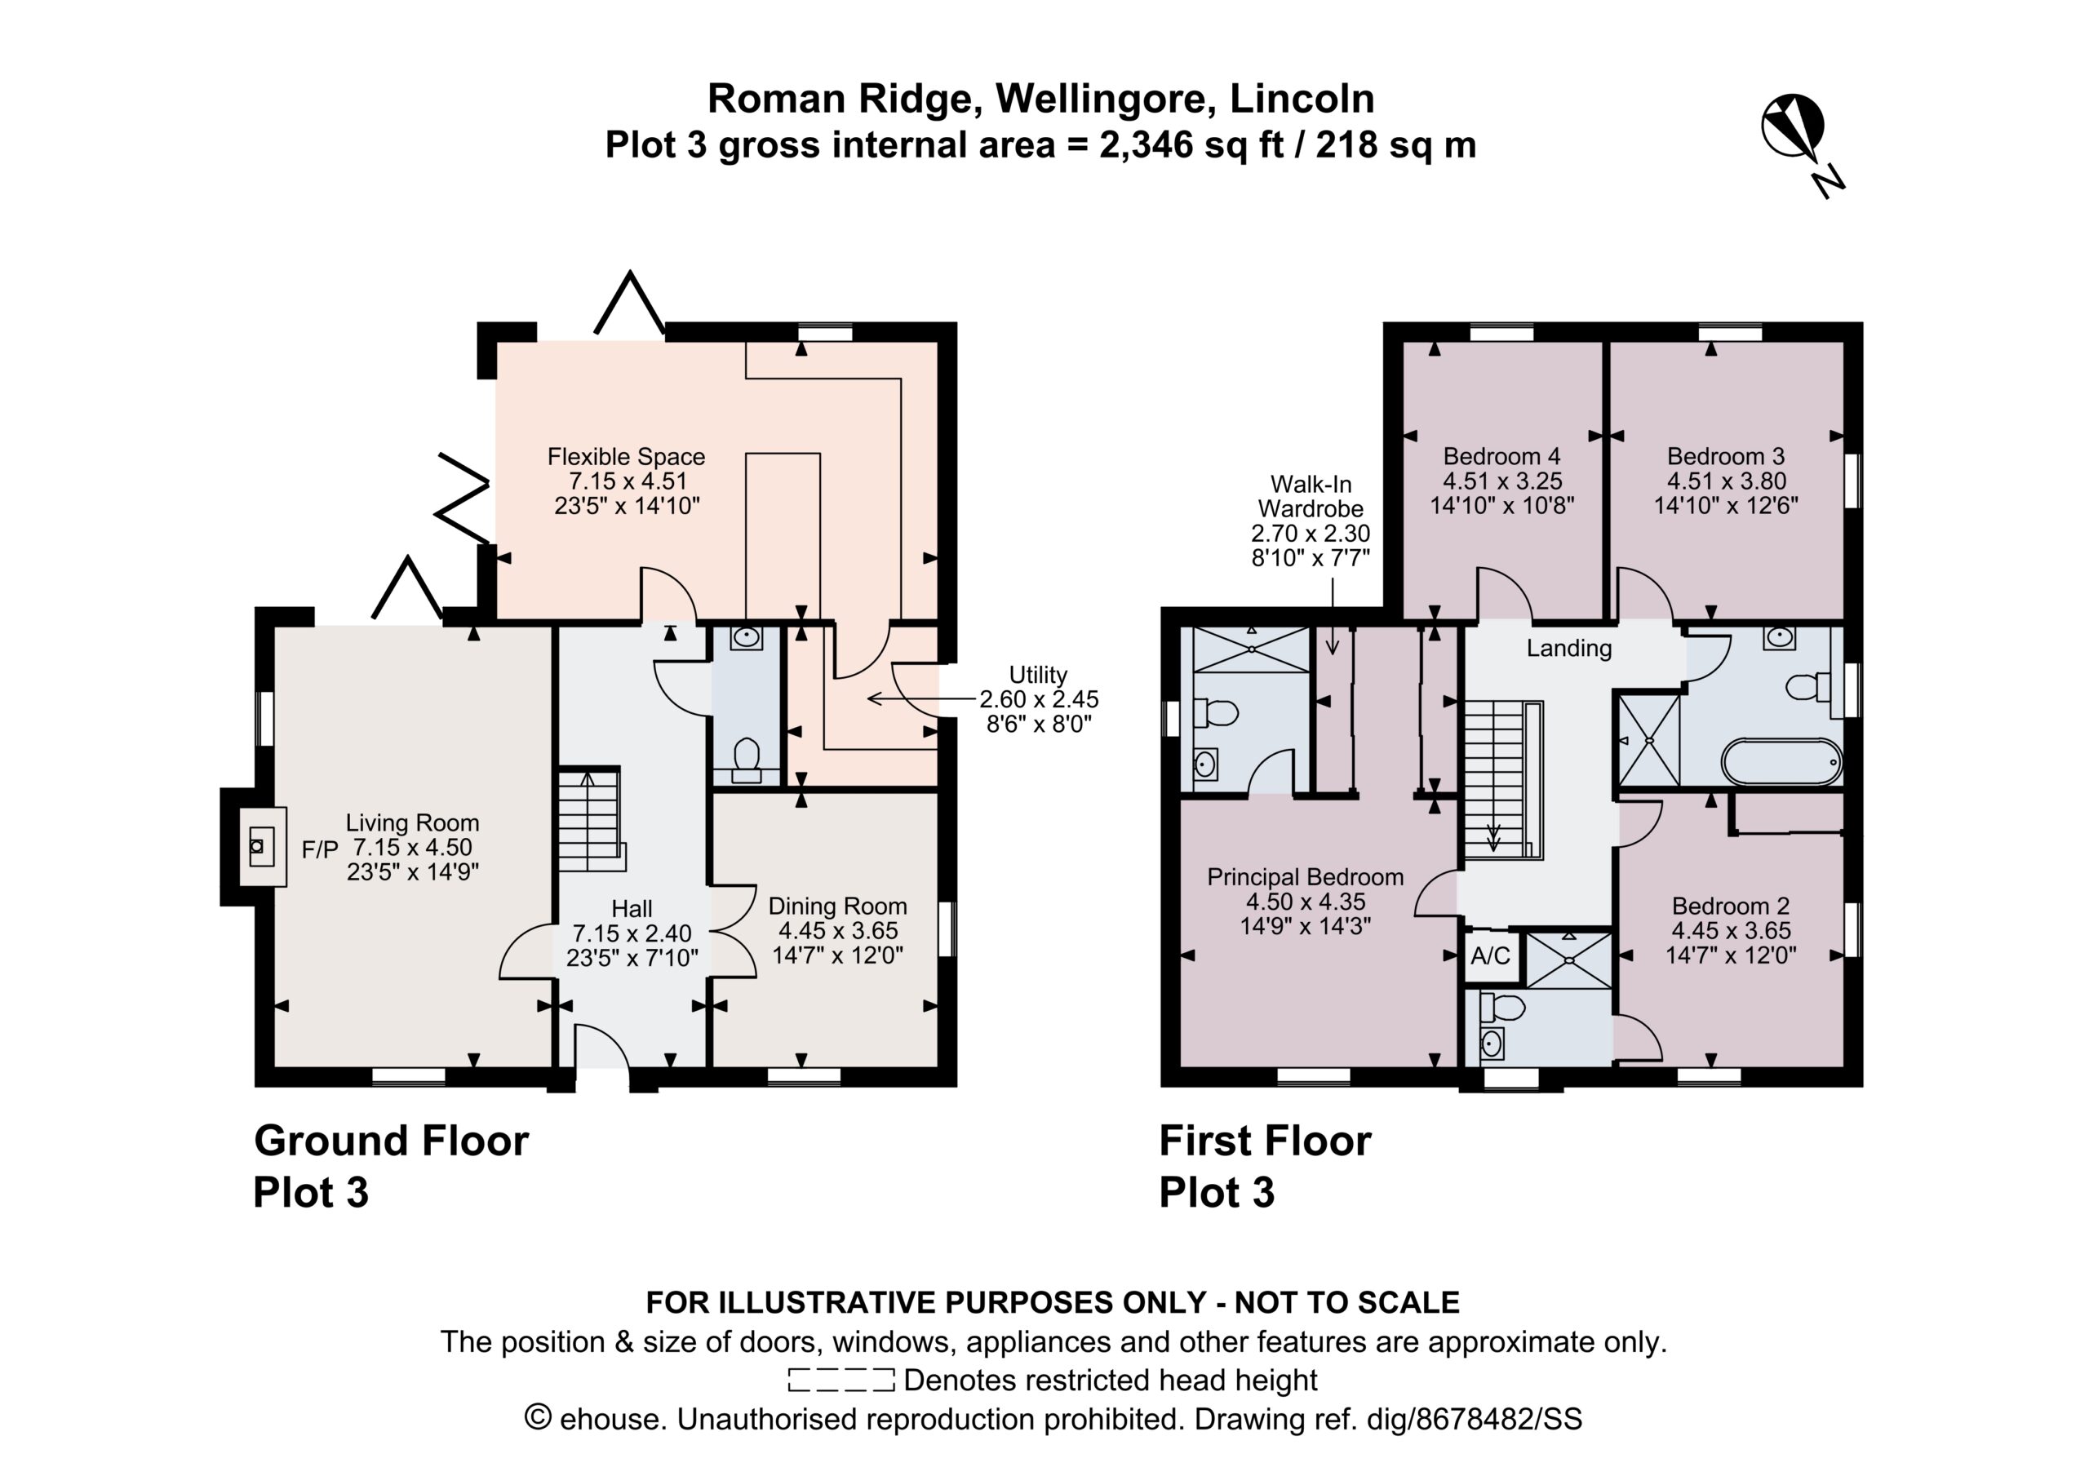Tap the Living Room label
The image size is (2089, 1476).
coord(412,822)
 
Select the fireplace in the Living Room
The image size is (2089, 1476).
coord(262,847)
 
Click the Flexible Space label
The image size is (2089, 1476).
coord(626,456)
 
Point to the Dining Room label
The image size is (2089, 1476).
coord(838,906)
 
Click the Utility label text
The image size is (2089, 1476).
coord(1038,676)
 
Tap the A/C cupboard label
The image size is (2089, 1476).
coord(1490,955)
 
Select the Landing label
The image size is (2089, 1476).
coord(1569,649)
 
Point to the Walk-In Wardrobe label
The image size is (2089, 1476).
coord(1311,497)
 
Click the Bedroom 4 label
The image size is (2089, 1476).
coord(1502,456)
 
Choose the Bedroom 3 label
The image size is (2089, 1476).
coord(1726,456)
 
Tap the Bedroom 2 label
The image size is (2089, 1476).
coord(1731,906)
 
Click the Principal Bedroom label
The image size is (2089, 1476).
coord(1306,877)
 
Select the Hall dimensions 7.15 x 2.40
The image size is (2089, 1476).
coord(632,933)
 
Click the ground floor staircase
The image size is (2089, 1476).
coord(591,820)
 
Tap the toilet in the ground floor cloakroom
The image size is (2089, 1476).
coord(747,760)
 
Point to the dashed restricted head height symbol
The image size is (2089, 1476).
coord(841,1381)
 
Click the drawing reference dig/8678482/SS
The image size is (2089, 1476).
coord(1475,1420)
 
